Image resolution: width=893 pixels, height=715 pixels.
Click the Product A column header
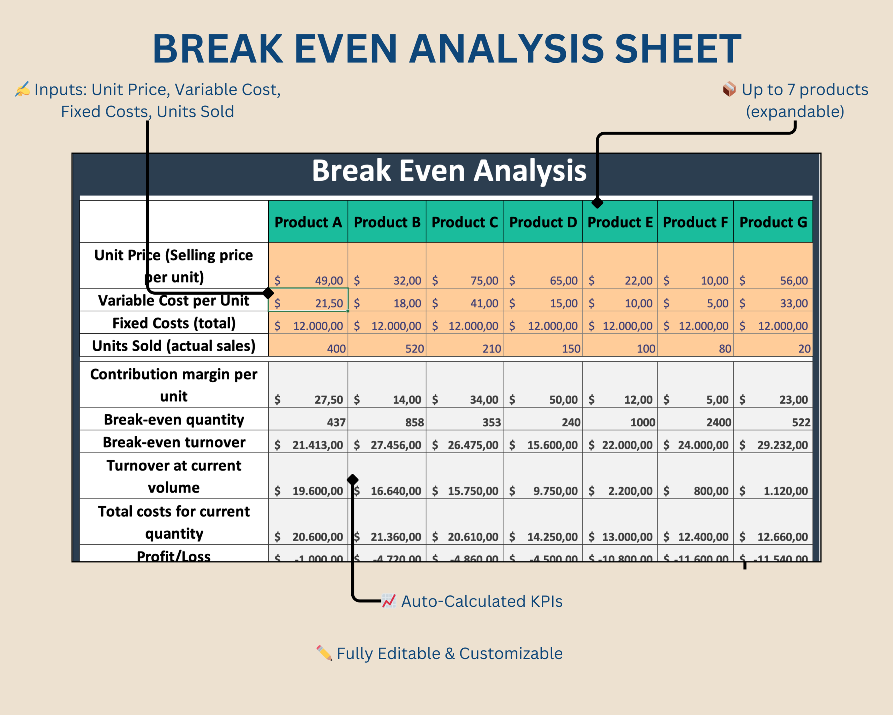point(308,222)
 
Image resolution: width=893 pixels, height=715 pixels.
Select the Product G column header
point(773,222)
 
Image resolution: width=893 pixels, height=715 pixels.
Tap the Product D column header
point(542,222)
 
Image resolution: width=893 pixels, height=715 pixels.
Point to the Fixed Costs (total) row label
point(174,323)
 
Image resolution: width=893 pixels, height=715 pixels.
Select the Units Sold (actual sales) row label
point(174,346)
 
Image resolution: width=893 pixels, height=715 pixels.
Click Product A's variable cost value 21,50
point(329,303)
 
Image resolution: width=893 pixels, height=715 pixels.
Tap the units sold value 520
point(414,348)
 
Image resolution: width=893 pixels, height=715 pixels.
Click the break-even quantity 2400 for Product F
point(719,422)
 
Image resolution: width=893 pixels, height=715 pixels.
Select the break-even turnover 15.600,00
point(552,445)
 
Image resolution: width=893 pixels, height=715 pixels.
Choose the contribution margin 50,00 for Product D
point(563,400)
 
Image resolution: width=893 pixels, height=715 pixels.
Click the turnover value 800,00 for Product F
point(711,491)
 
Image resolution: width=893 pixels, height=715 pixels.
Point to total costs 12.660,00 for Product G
point(782,537)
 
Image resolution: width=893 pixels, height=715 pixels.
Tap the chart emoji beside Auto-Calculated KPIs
point(389,601)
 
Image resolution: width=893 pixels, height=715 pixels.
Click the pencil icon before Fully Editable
point(324,653)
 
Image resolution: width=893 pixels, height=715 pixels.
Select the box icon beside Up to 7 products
point(729,89)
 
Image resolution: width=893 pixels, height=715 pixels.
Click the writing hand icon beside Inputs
point(22,89)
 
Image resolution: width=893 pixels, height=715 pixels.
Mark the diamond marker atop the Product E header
point(597,203)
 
